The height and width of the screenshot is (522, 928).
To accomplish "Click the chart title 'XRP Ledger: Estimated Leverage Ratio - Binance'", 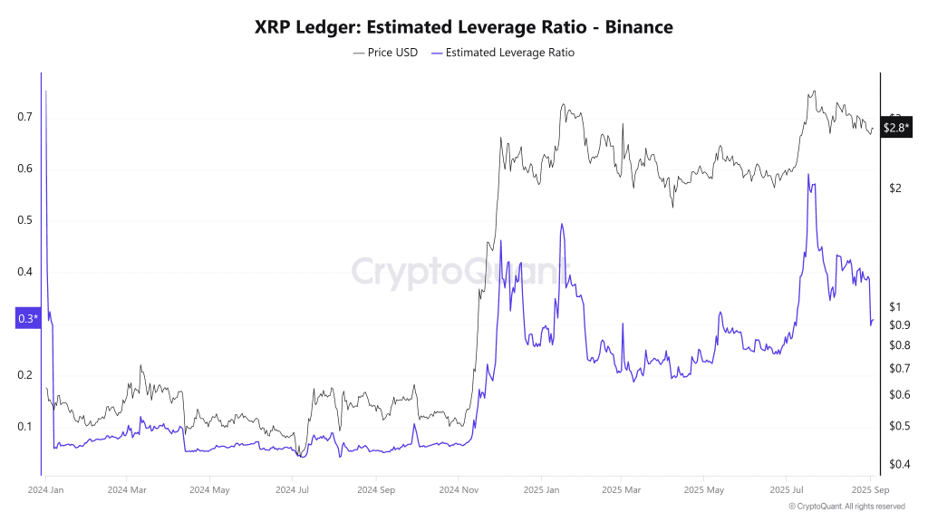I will coord(463,27).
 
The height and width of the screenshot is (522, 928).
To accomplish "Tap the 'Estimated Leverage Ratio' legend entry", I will coord(504,53).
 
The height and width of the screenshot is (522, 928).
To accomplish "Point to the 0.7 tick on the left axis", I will coord(24,117).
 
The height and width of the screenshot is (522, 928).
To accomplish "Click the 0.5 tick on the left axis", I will coord(24,220).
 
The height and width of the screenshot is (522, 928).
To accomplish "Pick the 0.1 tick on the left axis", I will coord(24,427).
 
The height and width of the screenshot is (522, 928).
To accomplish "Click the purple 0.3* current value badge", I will coord(27,318).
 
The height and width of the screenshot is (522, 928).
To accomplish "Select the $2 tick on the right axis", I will coord(894,188).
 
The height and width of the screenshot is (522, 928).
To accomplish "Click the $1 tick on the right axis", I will coord(894,306).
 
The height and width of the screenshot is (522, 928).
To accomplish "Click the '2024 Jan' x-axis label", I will coord(44,490).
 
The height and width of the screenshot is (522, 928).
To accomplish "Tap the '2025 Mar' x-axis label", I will coord(621,490).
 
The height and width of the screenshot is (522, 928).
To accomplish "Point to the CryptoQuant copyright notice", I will coord(846,507).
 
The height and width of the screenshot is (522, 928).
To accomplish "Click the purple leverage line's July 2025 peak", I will coord(807,175).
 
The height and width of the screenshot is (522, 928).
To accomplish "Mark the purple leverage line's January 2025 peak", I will coord(562,224).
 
